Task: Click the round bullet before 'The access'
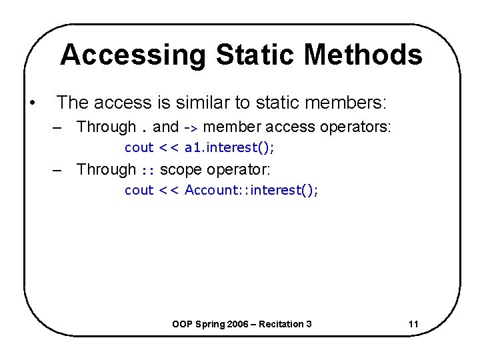tap(32, 103)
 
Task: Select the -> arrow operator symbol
tap(191, 127)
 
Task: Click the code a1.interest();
tap(230, 147)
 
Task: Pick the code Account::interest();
tap(252, 190)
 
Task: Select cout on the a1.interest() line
tap(139, 147)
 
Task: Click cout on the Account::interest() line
tap(139, 190)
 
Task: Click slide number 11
tap(413, 324)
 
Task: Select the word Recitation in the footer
tap(286, 324)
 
